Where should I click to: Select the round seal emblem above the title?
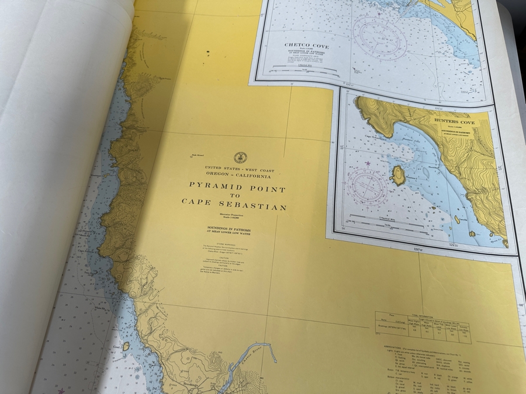click(240, 158)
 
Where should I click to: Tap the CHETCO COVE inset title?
click(306, 45)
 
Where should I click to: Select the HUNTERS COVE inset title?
click(454, 121)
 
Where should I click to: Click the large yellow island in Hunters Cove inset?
click(398, 175)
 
